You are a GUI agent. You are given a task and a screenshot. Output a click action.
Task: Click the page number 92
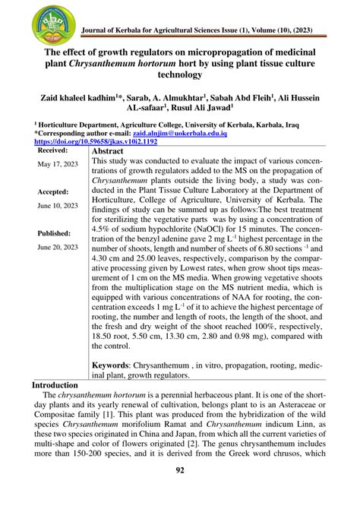coord(181,491)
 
